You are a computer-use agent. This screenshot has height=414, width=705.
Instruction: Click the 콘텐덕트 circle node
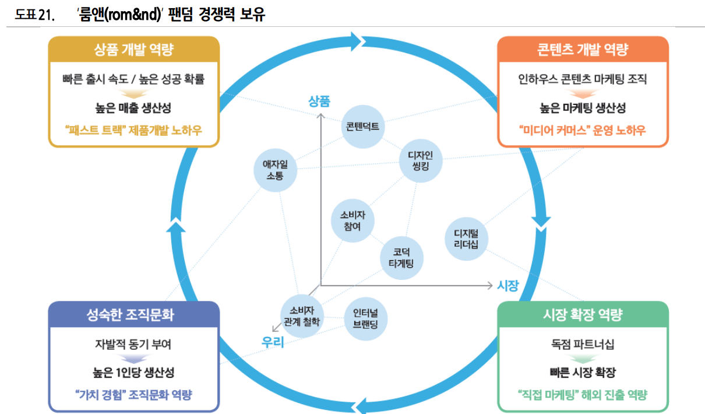pyautogui.click(x=364, y=127)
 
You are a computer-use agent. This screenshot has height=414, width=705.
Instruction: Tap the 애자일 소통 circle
pyautogui.click(x=275, y=170)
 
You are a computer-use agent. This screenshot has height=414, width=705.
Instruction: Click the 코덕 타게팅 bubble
pyautogui.click(x=401, y=257)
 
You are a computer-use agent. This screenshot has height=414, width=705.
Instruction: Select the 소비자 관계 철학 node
pyautogui.click(x=301, y=315)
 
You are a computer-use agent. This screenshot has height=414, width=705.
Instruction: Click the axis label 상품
pyautogui.click(x=319, y=101)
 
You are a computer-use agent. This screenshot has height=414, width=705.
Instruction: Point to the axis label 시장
pyautogui.click(x=507, y=285)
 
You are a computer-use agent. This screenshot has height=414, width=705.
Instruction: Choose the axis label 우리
pyautogui.click(x=273, y=342)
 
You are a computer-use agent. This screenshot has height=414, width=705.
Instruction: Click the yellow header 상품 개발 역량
pyautogui.click(x=134, y=50)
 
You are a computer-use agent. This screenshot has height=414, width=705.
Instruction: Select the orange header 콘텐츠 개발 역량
pyautogui.click(x=583, y=50)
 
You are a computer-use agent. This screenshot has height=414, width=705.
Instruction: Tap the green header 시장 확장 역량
pyautogui.click(x=583, y=315)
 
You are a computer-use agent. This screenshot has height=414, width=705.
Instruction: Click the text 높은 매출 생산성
pyautogui.click(x=134, y=108)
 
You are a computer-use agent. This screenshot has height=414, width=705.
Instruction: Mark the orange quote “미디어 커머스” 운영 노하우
pyautogui.click(x=583, y=129)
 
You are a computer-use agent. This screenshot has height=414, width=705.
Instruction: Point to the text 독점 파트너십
pyautogui.click(x=583, y=344)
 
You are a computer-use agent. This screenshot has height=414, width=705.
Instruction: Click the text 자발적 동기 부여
pyautogui.click(x=133, y=344)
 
